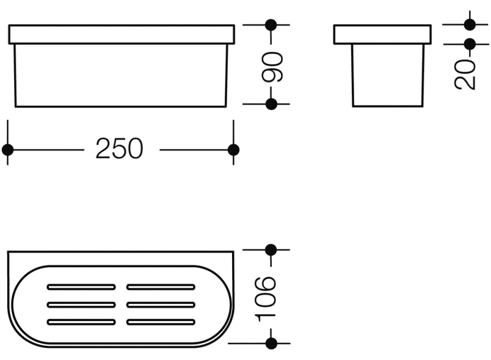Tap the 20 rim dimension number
pyautogui.click(x=465, y=74)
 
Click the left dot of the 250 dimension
pyautogui.click(x=8, y=149)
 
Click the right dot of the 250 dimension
pyautogui.click(x=233, y=149)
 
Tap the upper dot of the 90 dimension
pyautogui.click(x=271, y=25)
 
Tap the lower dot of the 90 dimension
pyautogui.click(x=271, y=104)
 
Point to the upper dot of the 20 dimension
pyautogui.click(x=470, y=24)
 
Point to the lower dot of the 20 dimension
pyautogui.click(x=470, y=44)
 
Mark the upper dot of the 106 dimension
pyautogui.click(x=271, y=250)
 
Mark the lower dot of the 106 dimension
pyautogui.click(x=271, y=343)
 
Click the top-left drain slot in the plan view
pyautogui.click(x=81, y=286)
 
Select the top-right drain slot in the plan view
pyautogui.click(x=161, y=286)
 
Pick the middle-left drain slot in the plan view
pyautogui.click(x=81, y=304)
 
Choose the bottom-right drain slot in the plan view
pyautogui.click(x=161, y=322)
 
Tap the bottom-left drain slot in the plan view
pyautogui.click(x=81, y=322)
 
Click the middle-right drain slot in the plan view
pyautogui.click(x=161, y=304)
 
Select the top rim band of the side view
pyautogui.click(x=382, y=35)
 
